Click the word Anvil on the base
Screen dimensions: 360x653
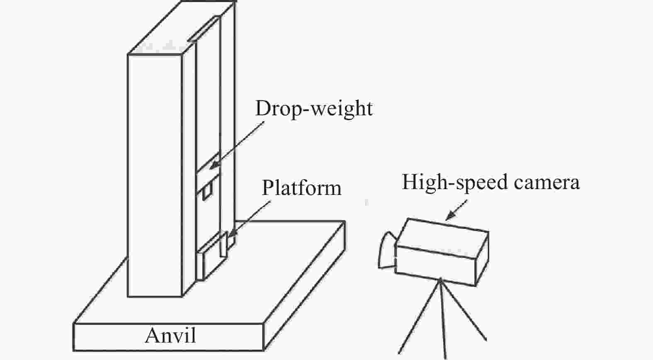[x=170, y=335]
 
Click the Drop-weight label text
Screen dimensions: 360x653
[x=313, y=109]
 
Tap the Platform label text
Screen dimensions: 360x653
[x=301, y=188]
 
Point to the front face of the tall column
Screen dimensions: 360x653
[x=155, y=174]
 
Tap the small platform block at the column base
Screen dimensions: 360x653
[x=224, y=245]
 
